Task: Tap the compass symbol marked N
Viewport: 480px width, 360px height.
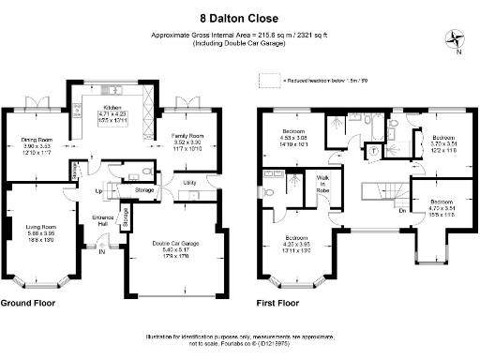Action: tap(457, 39)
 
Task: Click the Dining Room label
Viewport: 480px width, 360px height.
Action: tap(37, 147)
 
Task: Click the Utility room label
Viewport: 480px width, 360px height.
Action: tap(188, 182)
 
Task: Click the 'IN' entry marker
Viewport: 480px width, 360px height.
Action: tap(101, 251)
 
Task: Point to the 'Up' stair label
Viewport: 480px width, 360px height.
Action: tap(97, 191)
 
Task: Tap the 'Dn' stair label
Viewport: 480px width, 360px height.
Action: tap(402, 210)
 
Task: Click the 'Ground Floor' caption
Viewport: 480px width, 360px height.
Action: tap(27, 304)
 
